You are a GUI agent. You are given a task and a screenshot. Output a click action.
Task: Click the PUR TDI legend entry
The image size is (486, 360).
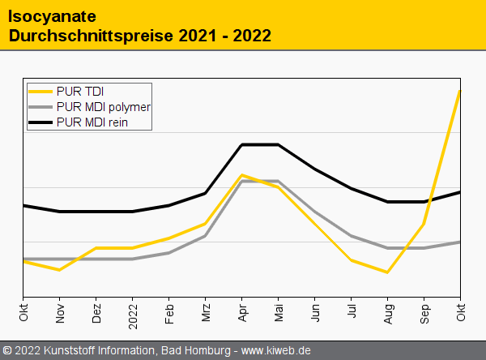pyautogui.click(x=80, y=91)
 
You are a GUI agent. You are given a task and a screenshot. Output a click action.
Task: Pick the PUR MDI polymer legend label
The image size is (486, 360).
pyautogui.click(x=104, y=107)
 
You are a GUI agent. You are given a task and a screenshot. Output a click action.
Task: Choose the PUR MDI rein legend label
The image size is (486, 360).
pyautogui.click(x=92, y=122)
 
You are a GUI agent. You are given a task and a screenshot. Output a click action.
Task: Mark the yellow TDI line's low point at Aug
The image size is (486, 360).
pyautogui.click(x=388, y=272)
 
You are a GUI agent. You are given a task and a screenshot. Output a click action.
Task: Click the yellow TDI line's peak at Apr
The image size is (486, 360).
pyautogui.click(x=242, y=174)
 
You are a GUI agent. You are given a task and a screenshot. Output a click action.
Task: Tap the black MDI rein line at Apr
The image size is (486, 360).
pyautogui.click(x=242, y=144)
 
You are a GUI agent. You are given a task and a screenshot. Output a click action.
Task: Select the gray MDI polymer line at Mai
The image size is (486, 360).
pyautogui.click(x=279, y=181)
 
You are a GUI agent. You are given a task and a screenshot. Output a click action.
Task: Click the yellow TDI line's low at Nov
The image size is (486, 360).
pyautogui.click(x=60, y=269)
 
